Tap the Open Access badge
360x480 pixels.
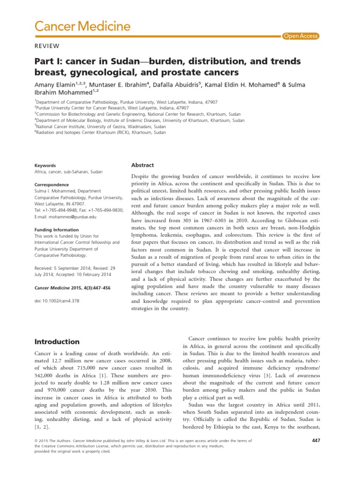[x=300, y=36]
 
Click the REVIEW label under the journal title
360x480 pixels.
[x=47, y=45]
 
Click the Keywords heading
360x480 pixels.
[x=45, y=165]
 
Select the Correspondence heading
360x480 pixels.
[x=52, y=185]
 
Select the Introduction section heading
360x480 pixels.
[x=57, y=342]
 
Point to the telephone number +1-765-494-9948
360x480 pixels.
[x=61, y=210]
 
